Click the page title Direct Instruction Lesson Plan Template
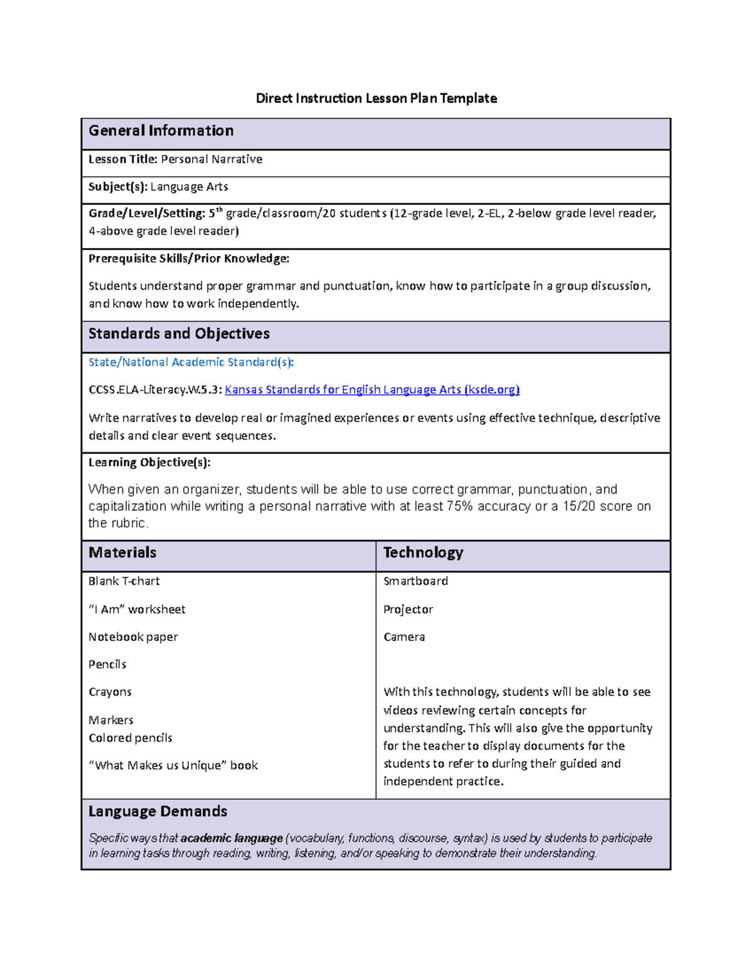point(376,98)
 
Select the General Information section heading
point(161,131)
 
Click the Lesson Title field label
point(122,159)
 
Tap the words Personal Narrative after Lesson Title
point(211,159)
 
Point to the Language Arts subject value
point(189,187)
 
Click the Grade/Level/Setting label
point(147,213)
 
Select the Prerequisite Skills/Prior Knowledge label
point(188,259)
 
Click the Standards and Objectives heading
point(179,334)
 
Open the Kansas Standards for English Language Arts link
point(372,390)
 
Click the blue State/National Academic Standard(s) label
point(191,362)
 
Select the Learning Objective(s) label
point(149,463)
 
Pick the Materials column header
point(122,552)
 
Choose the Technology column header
point(423,552)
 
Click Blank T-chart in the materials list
point(124,581)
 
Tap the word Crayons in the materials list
point(110,692)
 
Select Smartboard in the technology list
point(415,581)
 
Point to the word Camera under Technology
point(404,637)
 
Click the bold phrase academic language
point(232,838)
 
